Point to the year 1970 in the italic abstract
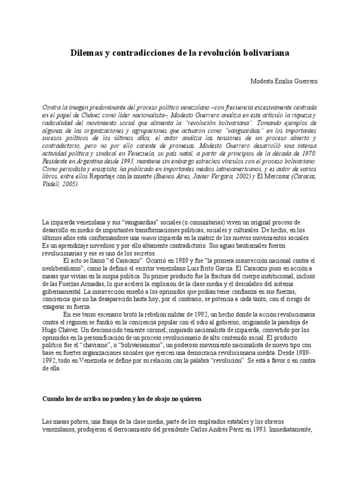click(x=307, y=153)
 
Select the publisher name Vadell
click(x=52, y=184)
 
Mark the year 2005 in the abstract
click(x=71, y=184)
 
